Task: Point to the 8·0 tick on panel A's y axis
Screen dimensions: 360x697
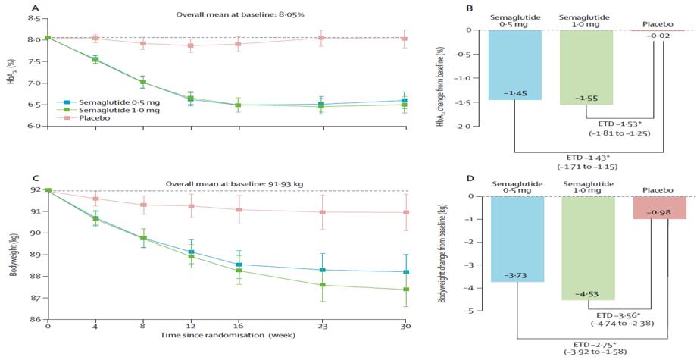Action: pos(33,39)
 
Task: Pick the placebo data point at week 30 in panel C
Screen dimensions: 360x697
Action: pos(405,212)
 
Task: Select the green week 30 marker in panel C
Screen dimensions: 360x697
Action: pos(405,290)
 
